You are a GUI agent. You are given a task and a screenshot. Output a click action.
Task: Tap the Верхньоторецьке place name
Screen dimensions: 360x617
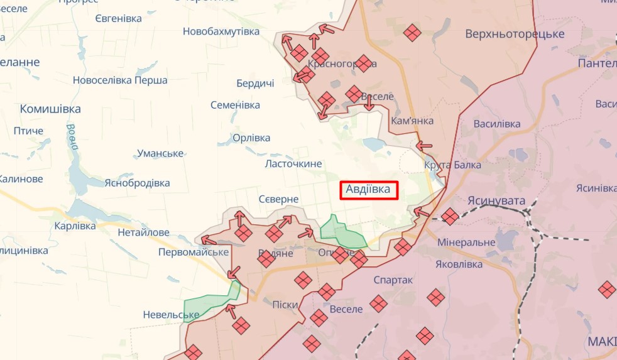click(515, 34)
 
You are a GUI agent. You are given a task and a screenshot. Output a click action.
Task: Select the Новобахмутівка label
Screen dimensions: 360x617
click(221, 31)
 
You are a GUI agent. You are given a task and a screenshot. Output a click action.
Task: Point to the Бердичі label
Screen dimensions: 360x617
click(255, 84)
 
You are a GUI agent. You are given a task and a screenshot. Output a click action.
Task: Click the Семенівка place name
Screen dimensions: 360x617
click(235, 105)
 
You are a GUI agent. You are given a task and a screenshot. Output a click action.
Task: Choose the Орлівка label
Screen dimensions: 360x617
click(251, 138)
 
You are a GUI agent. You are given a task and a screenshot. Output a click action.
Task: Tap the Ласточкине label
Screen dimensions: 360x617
click(293, 164)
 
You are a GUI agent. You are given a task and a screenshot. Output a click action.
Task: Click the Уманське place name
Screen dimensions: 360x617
click(160, 153)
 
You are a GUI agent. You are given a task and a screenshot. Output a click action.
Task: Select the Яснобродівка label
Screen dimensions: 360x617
click(138, 183)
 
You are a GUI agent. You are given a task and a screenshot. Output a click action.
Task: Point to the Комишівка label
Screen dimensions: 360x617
click(50, 109)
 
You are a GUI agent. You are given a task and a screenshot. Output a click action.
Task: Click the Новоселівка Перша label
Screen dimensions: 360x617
click(120, 80)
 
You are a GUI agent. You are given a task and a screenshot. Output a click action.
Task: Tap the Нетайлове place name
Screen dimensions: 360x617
click(143, 232)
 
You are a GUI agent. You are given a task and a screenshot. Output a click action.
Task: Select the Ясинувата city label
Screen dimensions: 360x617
click(496, 200)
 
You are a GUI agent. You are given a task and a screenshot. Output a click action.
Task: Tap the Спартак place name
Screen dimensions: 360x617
click(393, 280)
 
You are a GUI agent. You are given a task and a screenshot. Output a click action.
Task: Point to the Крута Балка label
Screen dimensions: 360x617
click(452, 165)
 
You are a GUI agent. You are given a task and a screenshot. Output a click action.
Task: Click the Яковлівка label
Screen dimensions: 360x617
click(459, 265)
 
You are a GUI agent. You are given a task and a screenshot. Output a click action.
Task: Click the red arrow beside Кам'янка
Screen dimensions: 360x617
click(425, 145)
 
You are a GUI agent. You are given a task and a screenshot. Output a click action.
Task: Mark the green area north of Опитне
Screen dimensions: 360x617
click(342, 233)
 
